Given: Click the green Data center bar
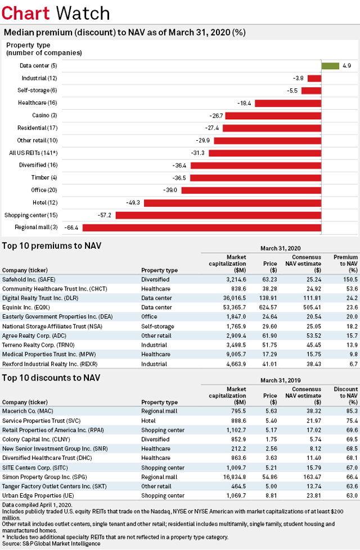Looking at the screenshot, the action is (x=330, y=66).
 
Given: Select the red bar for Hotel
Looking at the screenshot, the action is (x=233, y=203).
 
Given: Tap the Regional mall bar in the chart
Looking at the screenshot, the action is (x=202, y=227).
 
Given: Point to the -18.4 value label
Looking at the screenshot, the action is (x=244, y=103).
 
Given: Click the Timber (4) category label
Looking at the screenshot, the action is (x=44, y=178).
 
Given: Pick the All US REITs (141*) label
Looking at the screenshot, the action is (x=33, y=153).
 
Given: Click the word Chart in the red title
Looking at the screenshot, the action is (x=25, y=13).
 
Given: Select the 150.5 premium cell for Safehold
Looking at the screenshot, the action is (x=350, y=280).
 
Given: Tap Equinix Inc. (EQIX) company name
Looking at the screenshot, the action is (x=26, y=307).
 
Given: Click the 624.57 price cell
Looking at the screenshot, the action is (x=269, y=307).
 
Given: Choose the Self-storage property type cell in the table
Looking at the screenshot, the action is (x=157, y=326).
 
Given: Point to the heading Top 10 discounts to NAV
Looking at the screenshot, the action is (x=51, y=378).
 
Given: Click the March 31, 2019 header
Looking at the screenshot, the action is (x=281, y=380).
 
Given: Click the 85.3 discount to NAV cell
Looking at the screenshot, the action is (x=352, y=411).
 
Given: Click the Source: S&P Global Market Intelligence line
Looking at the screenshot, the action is (x=51, y=544).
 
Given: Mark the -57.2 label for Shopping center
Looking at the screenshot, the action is (x=104, y=216).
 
